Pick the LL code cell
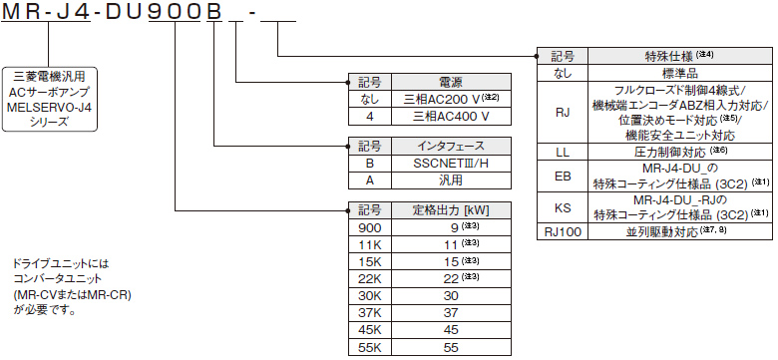tap(562, 152)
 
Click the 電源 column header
tap(450, 83)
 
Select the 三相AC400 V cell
tap(450, 116)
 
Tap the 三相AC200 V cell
tap(450, 99)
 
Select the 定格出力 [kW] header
tap(450, 210)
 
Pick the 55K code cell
tap(370, 347)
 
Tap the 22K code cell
tap(370, 278)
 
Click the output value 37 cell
tap(450, 312)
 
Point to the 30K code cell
tap(370, 295)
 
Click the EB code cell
tap(562, 177)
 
